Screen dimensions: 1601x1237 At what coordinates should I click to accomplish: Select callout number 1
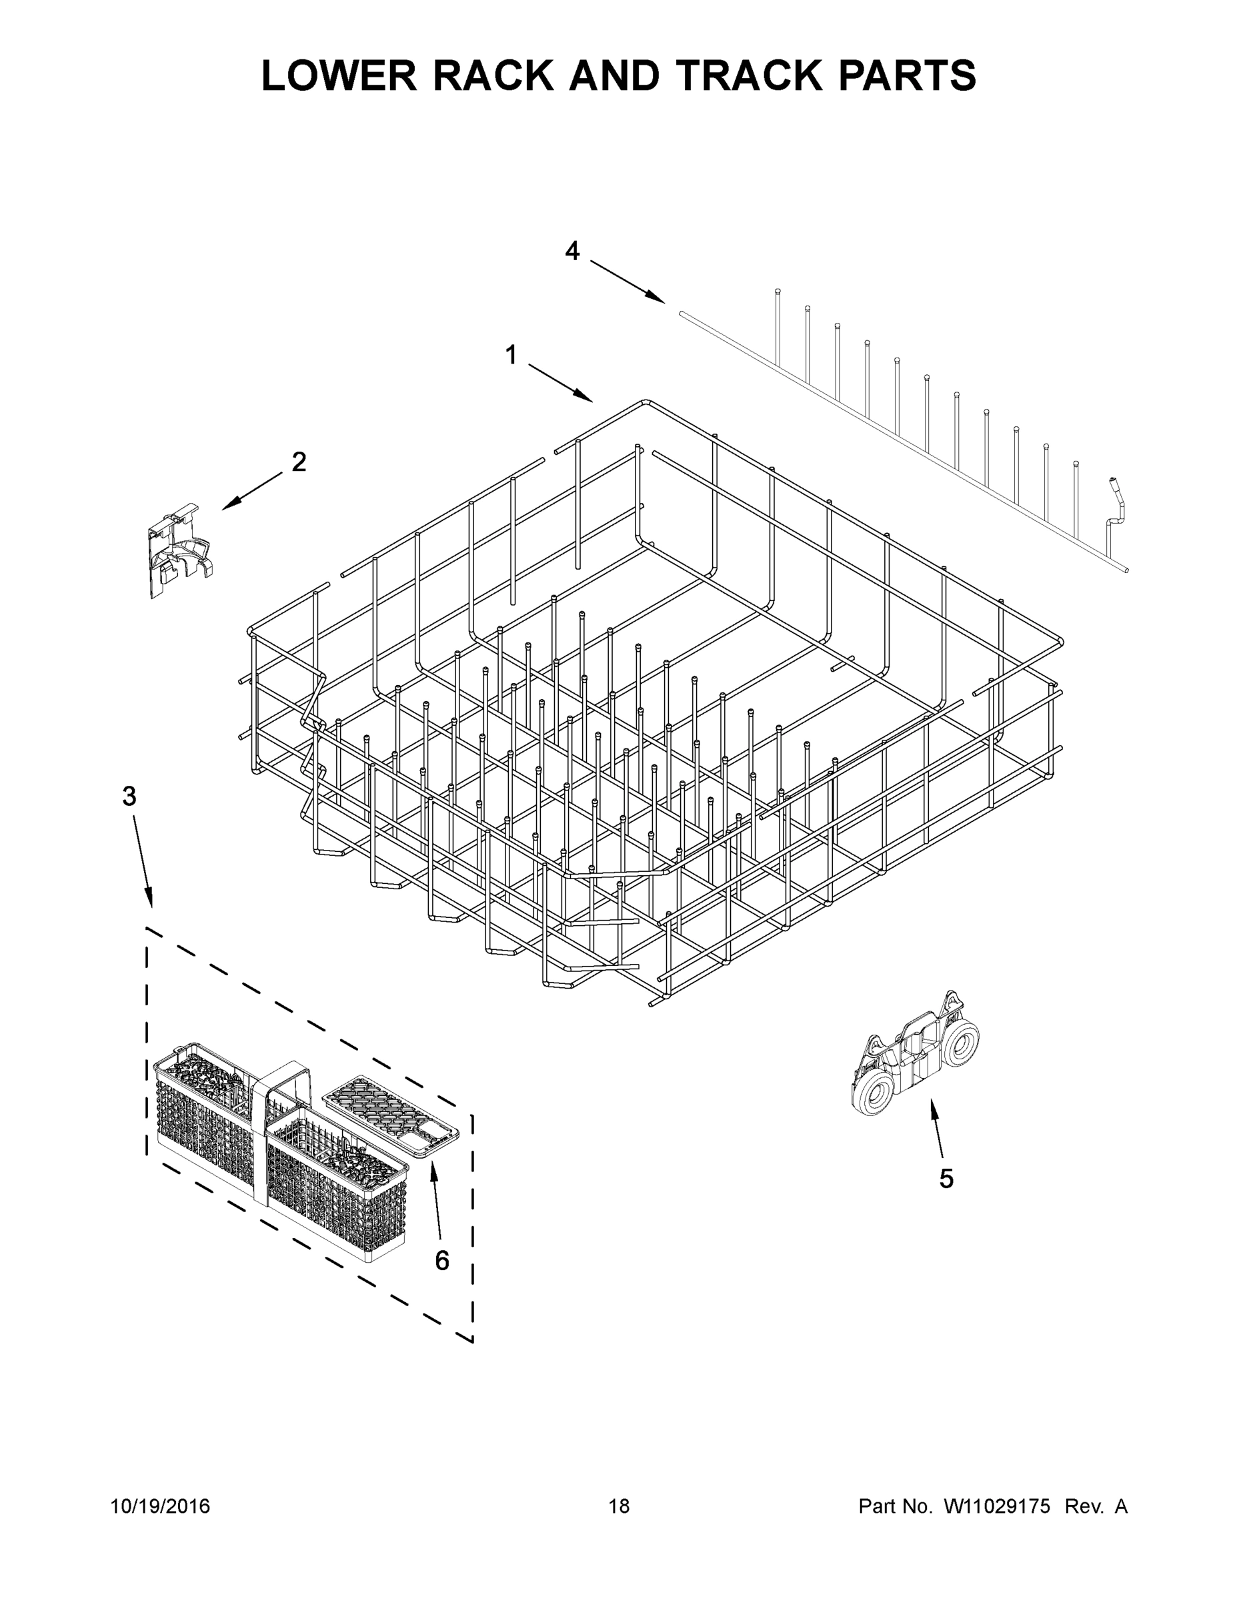(511, 356)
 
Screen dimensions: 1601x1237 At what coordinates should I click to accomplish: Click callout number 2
(299, 462)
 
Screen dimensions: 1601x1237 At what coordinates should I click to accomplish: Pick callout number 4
(572, 251)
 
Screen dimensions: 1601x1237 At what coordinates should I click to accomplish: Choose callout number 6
(442, 1260)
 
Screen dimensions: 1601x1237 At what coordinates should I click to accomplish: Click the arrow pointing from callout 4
(628, 282)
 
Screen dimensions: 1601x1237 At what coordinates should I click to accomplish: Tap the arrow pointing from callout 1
(561, 383)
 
